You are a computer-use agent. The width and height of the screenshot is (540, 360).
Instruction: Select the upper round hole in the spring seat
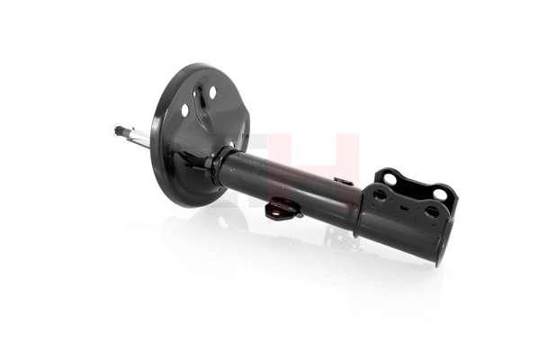(213, 92)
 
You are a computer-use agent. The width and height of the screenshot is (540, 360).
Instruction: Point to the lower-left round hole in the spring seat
(185, 110)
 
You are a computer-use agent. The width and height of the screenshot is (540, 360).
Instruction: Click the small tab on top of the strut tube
(343, 181)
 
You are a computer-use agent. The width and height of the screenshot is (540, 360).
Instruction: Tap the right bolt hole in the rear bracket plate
(438, 193)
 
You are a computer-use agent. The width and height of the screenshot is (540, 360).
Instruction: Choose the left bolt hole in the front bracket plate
(380, 194)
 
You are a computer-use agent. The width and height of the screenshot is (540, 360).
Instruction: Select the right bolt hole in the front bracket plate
(431, 212)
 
